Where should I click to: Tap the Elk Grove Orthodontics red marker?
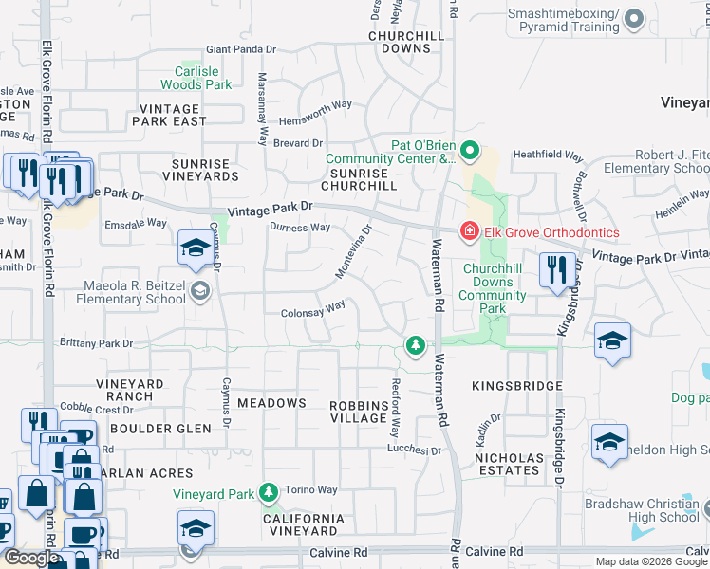pos(468,231)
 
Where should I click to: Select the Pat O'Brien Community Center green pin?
pos(469,151)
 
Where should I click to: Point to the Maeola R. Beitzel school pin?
pos(199,291)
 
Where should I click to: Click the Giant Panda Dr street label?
pos(241,50)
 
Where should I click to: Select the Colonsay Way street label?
pos(312,309)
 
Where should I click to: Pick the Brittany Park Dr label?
pos(96,343)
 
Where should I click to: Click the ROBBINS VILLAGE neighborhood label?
pos(359,412)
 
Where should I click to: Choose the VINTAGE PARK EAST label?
pos(170,116)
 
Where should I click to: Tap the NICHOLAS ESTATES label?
pos(509,465)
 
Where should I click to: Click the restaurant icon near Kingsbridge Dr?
pos(555,269)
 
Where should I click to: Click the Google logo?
pos(31,558)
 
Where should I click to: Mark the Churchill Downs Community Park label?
pos(494,283)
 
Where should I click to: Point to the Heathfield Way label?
pos(548,154)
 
